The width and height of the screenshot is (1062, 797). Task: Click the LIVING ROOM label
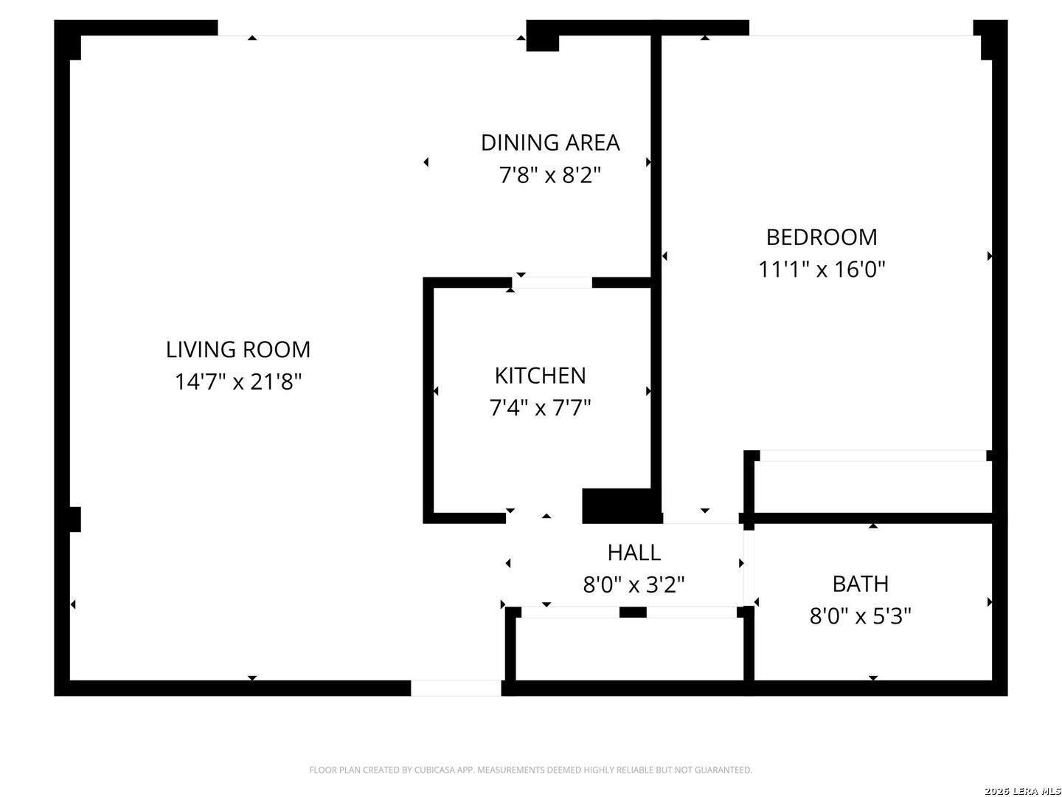coord(238,349)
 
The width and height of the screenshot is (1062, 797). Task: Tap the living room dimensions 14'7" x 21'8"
coord(238,382)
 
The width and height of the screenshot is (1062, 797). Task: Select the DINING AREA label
coord(550,142)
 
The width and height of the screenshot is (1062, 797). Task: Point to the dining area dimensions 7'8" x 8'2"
coord(550,175)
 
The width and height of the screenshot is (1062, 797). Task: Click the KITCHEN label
coord(540,376)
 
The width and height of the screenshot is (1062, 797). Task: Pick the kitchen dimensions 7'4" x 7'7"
coord(540,408)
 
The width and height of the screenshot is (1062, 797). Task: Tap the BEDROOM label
coord(822,237)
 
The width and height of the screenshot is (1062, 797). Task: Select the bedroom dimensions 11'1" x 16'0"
coord(822,269)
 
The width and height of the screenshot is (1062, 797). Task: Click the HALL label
coord(634,553)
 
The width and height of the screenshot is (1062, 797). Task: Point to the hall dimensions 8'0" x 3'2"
coord(634,584)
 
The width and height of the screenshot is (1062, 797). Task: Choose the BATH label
coord(860,584)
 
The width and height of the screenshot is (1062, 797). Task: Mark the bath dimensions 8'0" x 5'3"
coord(860,616)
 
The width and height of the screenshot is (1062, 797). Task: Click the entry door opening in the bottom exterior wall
coord(456,688)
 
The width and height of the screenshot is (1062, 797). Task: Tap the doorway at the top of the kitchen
coord(552,283)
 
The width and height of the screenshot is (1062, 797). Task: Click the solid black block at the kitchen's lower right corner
coord(622,506)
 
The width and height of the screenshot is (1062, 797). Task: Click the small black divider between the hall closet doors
coord(633,613)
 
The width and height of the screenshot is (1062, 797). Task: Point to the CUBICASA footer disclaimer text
coord(531,770)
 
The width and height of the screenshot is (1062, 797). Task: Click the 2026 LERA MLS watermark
coord(1022,790)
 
